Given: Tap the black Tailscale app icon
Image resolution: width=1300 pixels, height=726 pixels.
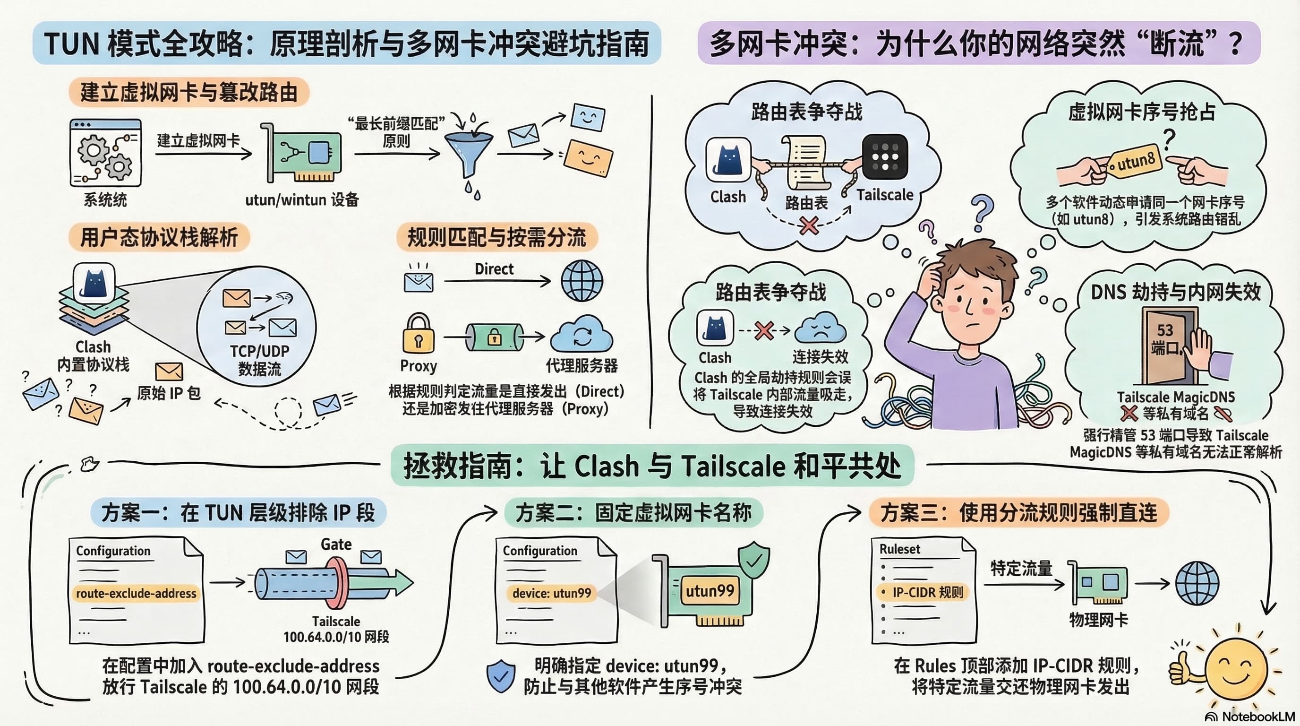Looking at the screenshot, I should (x=885, y=156).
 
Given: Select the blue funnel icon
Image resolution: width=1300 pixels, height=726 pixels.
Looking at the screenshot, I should (x=469, y=151).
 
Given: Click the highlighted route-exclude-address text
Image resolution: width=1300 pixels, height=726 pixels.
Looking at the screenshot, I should (x=136, y=593).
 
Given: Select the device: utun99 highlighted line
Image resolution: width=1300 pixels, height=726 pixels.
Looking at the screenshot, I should (x=552, y=593).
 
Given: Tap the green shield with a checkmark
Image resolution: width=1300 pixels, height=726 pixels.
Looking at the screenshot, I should (x=754, y=561).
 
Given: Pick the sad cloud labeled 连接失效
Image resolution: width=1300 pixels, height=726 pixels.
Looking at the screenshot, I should (x=820, y=328).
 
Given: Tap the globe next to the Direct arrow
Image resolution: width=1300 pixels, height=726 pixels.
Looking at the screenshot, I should (x=582, y=281).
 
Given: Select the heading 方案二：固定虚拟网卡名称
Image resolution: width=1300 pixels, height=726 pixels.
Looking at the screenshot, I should (x=633, y=513).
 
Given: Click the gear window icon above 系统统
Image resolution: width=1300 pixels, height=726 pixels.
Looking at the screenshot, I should (x=105, y=153).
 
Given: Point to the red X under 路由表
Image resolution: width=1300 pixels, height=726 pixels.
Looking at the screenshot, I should (x=809, y=225).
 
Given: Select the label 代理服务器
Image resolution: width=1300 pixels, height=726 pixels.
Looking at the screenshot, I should (x=582, y=365).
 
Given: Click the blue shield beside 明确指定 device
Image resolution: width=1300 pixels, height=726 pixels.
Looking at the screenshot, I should (x=501, y=676).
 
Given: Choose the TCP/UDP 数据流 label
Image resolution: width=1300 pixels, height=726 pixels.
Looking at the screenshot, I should (x=259, y=360).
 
